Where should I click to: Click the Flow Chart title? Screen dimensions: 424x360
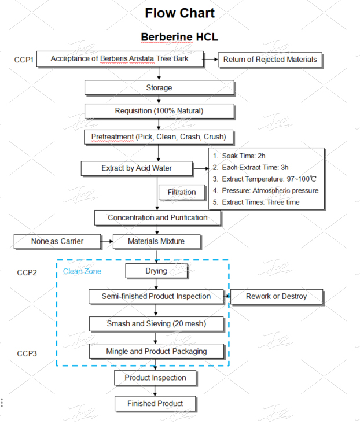[x=179, y=13]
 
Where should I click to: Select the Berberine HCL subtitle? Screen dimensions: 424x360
[x=179, y=37]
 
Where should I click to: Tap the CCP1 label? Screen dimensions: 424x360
[x=25, y=60]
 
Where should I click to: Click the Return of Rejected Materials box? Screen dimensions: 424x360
[x=269, y=59]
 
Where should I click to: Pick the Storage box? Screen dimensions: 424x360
[x=159, y=87]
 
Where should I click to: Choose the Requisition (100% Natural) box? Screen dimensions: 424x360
[x=159, y=110]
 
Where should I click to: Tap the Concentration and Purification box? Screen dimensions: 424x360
[x=157, y=217]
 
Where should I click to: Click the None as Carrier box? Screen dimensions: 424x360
[x=56, y=241]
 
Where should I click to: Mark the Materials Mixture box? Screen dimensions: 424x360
[x=156, y=241]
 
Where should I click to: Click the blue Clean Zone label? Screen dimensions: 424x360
[x=82, y=271]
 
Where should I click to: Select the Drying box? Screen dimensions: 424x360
[x=156, y=271]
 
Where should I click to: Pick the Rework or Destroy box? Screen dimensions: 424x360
[x=276, y=296]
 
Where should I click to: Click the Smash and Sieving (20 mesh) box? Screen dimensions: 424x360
[x=156, y=323]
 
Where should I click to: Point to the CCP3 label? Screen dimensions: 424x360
[x=27, y=353]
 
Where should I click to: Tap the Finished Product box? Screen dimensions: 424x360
[x=155, y=403]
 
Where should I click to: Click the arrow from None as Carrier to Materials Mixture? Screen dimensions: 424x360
[x=106, y=241]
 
